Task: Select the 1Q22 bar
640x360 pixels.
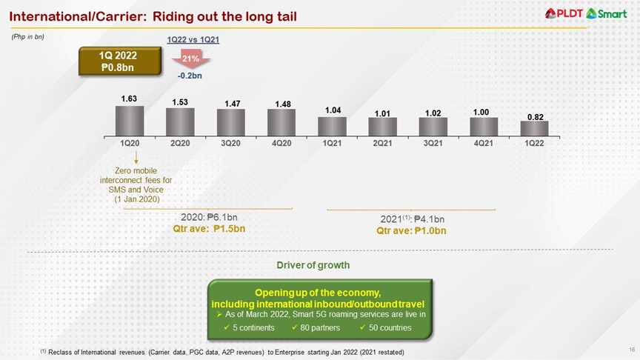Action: [535, 127]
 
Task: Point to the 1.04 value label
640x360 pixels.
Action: [333, 110]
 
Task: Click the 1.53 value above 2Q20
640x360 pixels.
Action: [180, 101]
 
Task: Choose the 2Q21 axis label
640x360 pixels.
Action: [383, 142]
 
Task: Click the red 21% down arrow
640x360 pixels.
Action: [189, 60]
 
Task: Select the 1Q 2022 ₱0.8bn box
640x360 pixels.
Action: [121, 61]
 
